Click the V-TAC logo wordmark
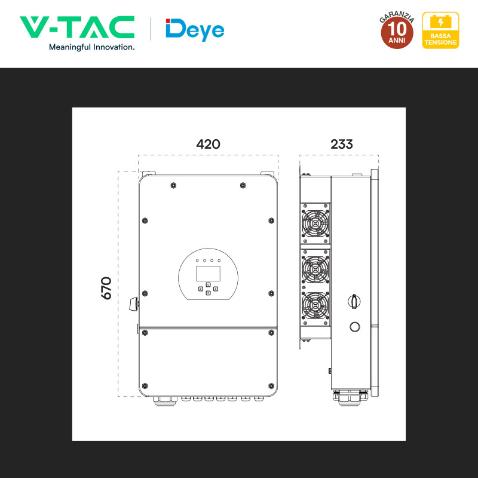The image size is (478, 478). coord(77,27)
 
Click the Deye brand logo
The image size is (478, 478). coord(195,29)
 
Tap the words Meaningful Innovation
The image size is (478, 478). coord(92,47)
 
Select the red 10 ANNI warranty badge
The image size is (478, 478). coord(397,30)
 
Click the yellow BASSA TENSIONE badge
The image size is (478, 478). coord(440,30)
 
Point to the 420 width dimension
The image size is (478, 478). coord(208,144)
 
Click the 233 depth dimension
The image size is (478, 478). coord(342,144)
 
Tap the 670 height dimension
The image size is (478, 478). coord(106,288)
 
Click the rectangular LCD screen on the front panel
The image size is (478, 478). coord(208,274)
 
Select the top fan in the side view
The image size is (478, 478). coord(315,223)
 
